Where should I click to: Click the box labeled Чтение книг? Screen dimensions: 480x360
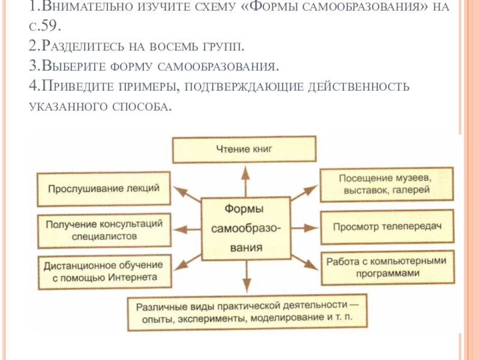[244, 148]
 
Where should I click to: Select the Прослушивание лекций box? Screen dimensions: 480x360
[103, 188]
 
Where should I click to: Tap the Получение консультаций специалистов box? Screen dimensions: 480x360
[103, 229]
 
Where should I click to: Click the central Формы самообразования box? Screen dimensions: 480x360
[245, 227]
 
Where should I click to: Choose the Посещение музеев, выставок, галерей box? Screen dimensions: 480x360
[387, 184]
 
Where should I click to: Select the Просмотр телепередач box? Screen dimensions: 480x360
[387, 227]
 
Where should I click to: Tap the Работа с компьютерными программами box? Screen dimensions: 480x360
[387, 266]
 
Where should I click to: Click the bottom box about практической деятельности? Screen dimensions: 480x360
[247, 311]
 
